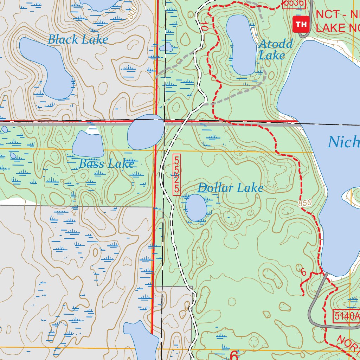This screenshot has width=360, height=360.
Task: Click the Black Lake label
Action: click(78, 39)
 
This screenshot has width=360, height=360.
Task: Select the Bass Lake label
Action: click(107, 163)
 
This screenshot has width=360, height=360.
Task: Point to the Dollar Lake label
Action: click(230, 188)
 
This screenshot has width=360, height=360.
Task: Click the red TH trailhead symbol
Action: click(301, 24)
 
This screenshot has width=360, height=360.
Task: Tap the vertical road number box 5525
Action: click(177, 174)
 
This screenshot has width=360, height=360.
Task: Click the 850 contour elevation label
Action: click(305, 203)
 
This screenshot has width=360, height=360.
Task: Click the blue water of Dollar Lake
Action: click(196, 207)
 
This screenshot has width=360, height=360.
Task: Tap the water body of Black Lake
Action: click(49, 67)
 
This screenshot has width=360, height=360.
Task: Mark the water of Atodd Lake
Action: click(242, 44)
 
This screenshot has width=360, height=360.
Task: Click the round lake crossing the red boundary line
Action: click(146, 131)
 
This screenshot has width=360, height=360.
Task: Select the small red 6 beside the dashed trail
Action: click(304, 272)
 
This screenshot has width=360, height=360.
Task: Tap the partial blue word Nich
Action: click(344, 142)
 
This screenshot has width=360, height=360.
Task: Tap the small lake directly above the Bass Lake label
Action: click(88, 144)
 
